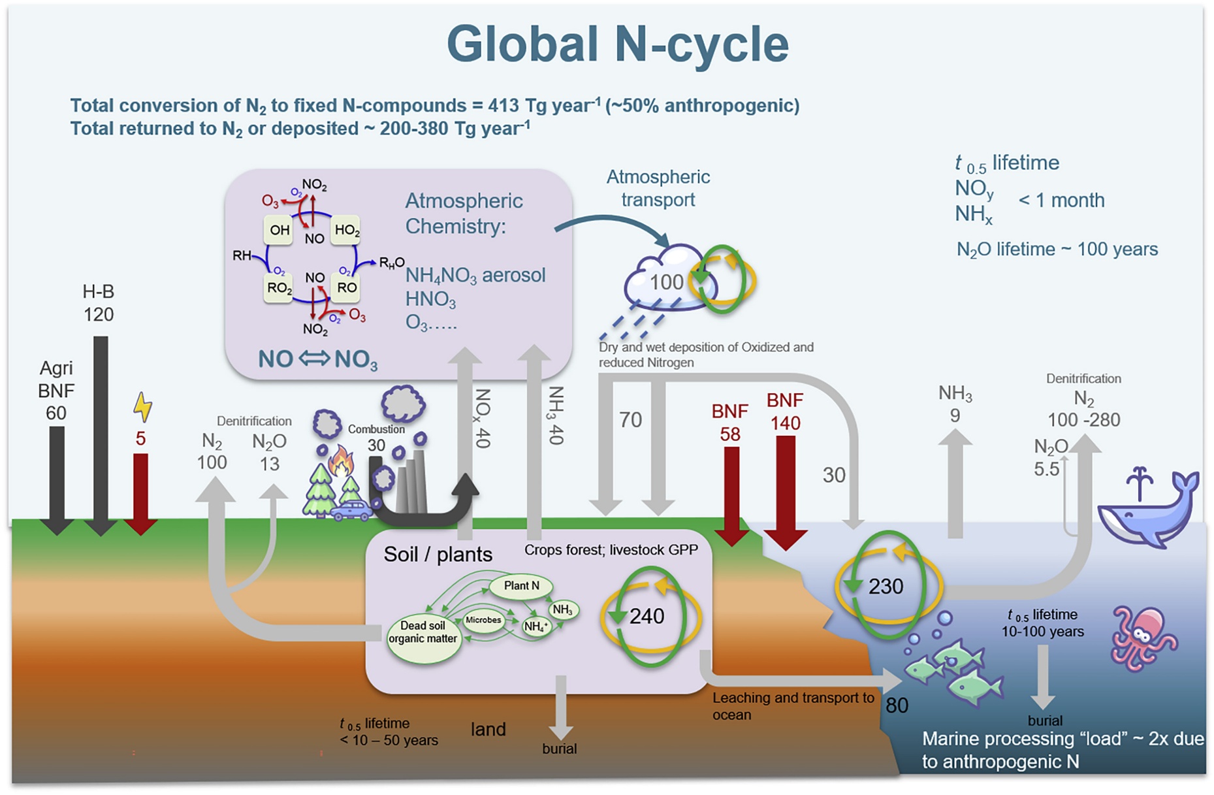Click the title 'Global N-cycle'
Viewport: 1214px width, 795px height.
click(617, 44)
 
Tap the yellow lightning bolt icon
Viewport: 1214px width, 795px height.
click(142, 406)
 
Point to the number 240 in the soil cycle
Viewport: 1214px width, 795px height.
click(647, 616)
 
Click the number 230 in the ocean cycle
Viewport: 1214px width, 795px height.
click(886, 586)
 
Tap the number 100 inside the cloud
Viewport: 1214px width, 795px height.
click(666, 282)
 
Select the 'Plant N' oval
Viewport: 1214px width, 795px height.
click(521, 586)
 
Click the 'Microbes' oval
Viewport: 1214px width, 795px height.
click(483, 620)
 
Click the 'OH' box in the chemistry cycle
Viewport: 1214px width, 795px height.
click(279, 230)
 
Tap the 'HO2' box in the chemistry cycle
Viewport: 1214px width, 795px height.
click(346, 230)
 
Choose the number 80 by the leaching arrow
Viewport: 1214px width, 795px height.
click(897, 706)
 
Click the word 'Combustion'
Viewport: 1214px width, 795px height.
click(376, 429)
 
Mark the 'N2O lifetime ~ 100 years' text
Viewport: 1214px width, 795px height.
click(1057, 250)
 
